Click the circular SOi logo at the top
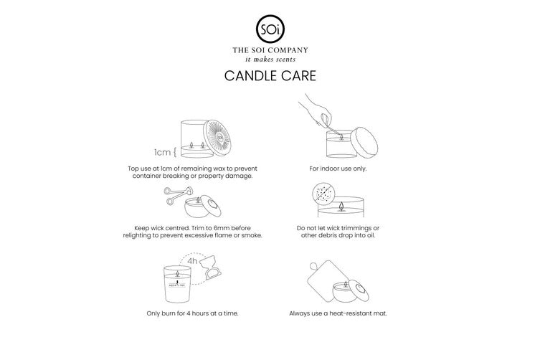click(x=270, y=29)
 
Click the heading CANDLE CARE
click(x=270, y=76)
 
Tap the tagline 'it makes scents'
click(x=270, y=60)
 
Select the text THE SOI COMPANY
click(x=270, y=50)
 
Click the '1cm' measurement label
click(x=162, y=152)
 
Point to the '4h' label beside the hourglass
click(x=192, y=261)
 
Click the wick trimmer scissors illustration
click(x=178, y=195)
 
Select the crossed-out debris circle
click(x=323, y=192)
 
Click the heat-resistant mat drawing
click(x=325, y=281)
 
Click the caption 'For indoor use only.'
click(x=338, y=169)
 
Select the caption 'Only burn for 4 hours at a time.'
click(x=192, y=313)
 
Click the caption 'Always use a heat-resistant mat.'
click(x=338, y=313)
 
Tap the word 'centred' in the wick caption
click(x=177, y=228)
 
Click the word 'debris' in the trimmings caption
click(x=331, y=236)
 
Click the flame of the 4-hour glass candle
click(x=177, y=273)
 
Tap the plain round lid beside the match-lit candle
click(x=364, y=143)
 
